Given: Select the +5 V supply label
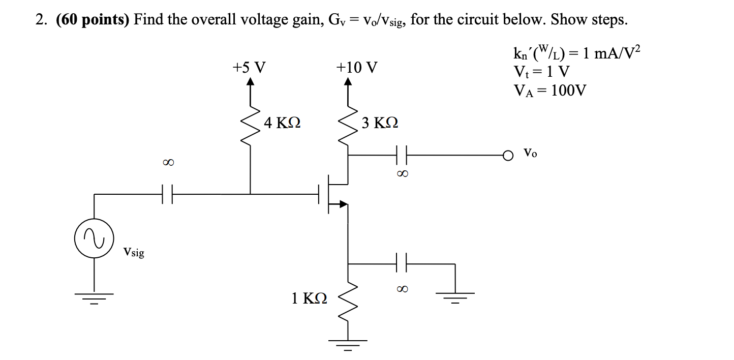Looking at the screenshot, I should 249,67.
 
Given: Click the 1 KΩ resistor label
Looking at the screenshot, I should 310,298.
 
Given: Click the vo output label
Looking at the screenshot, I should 530,153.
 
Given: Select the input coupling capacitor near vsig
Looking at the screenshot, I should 167,194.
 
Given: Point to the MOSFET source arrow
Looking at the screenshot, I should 343,204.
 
